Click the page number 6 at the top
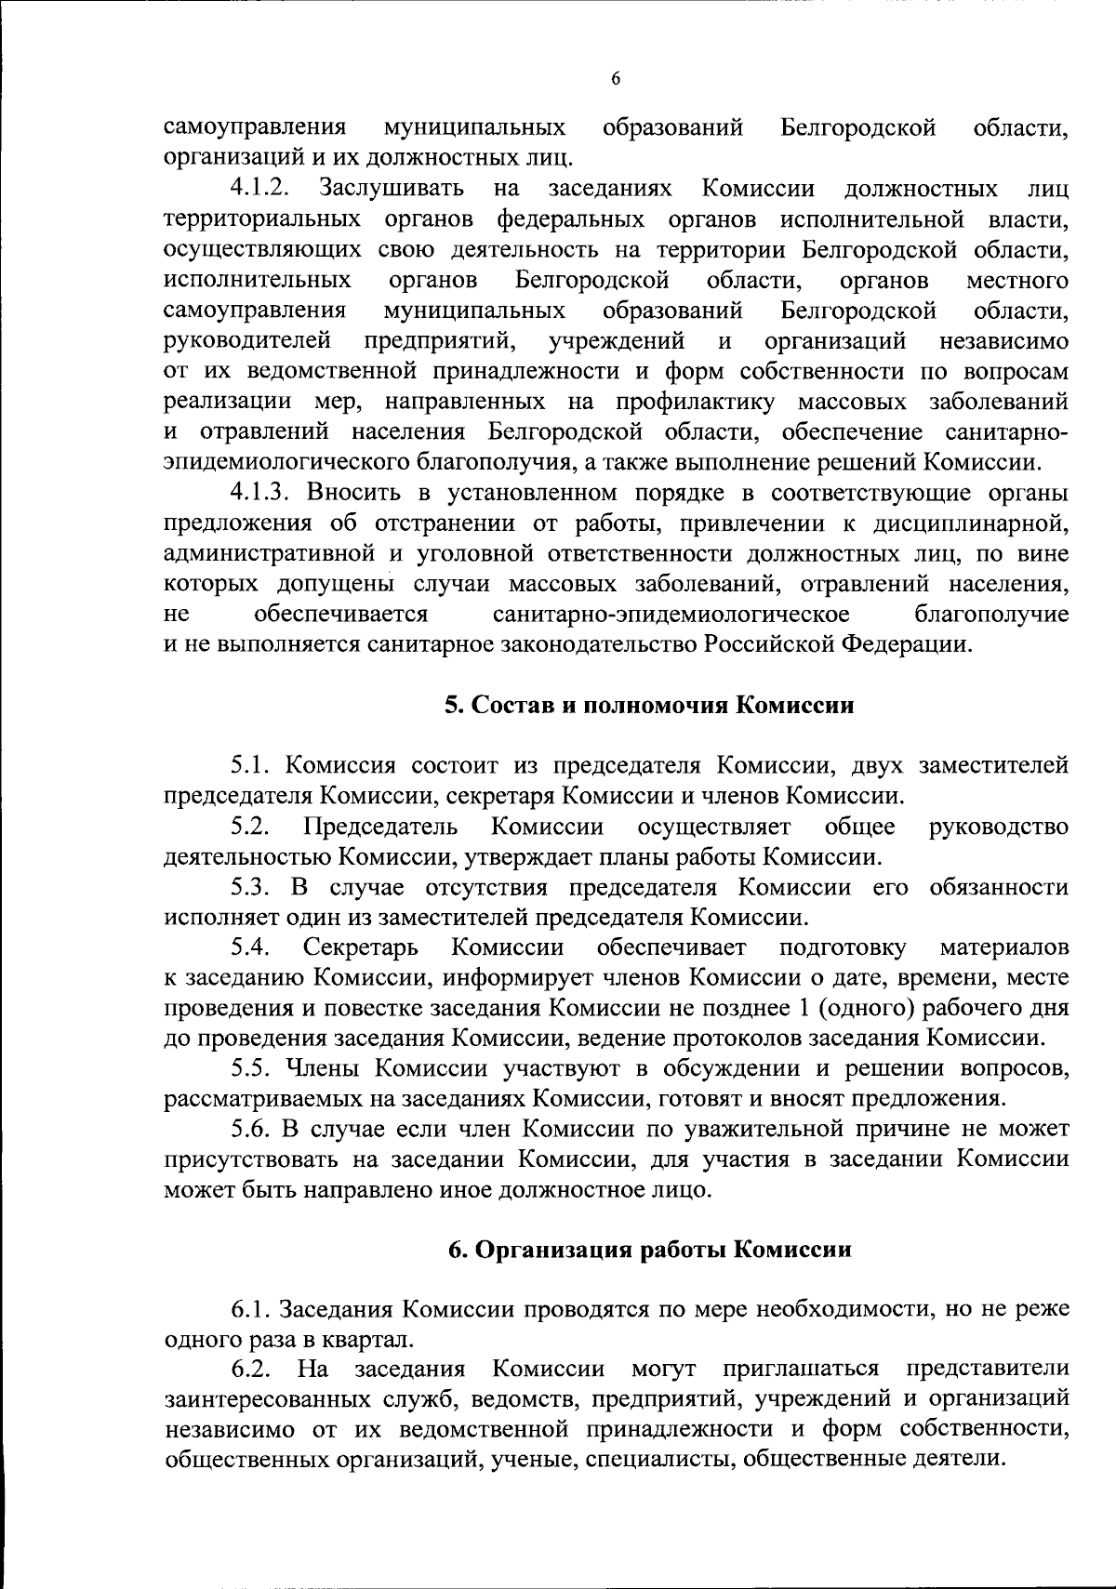click(616, 79)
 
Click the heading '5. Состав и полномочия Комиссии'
click(648, 705)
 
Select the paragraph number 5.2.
click(251, 827)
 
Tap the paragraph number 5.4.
click(251, 947)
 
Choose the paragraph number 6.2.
click(251, 1370)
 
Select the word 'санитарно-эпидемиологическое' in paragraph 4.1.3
click(671, 615)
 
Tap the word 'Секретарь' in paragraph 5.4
click(361, 947)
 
